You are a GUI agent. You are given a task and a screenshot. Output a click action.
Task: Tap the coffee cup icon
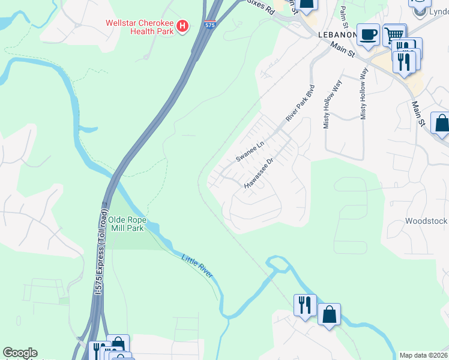click(x=367, y=34)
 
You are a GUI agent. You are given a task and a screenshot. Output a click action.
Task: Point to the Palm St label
click(x=344, y=17)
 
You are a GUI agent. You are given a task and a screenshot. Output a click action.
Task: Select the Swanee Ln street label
click(x=250, y=152)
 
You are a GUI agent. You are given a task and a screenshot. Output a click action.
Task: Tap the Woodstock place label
click(x=426, y=221)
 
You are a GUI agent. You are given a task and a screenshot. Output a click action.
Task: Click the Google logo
click(x=20, y=353)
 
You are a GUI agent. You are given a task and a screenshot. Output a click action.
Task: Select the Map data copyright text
click(x=423, y=355)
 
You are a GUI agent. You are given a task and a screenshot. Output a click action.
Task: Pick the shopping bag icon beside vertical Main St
click(x=441, y=124)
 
